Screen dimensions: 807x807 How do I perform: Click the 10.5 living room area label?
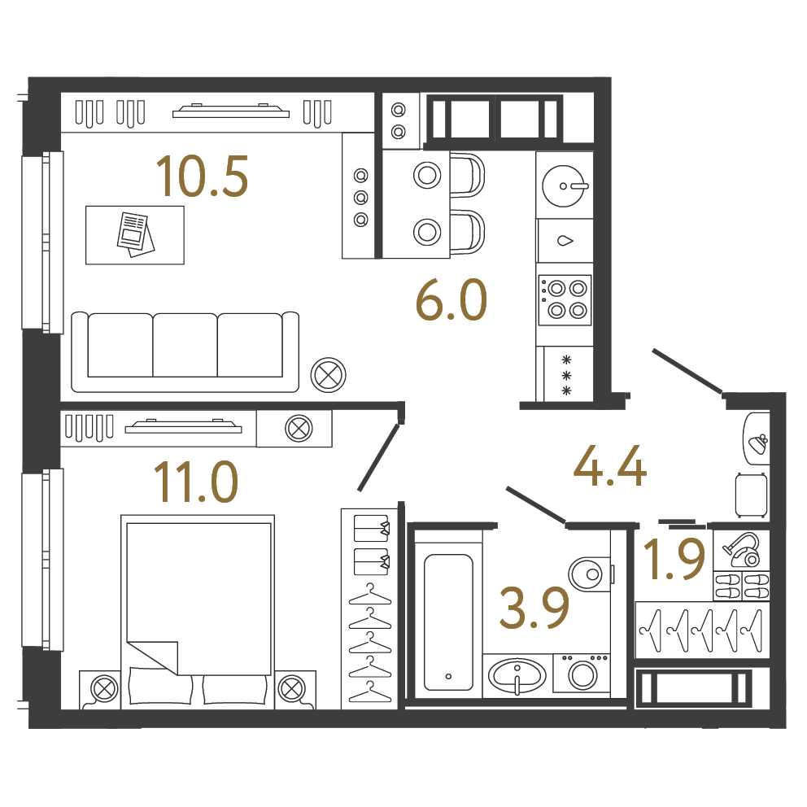click(203, 177)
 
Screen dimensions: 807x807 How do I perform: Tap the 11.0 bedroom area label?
click(195, 482)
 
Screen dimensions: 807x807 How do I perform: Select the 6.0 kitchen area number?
click(451, 300)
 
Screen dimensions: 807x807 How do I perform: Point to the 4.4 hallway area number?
click(610, 466)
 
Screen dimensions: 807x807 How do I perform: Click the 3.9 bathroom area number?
click(534, 609)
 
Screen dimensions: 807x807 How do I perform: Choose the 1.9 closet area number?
click(674, 559)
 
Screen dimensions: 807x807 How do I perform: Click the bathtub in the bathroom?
click(448, 622)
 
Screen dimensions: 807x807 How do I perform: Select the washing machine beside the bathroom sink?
click(582, 673)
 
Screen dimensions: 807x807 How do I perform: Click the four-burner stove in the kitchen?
click(565, 300)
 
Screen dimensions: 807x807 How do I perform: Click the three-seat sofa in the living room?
click(185, 351)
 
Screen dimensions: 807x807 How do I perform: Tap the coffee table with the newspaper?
click(135, 235)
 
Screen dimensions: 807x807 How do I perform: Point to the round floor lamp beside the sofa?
click(329, 375)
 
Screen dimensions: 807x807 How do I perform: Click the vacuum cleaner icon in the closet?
click(742, 549)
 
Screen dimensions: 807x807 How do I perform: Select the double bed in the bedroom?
click(198, 612)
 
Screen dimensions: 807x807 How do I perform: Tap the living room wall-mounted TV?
click(230, 111)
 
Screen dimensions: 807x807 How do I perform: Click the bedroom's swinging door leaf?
click(379, 457)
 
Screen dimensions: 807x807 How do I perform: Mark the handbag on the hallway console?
click(759, 443)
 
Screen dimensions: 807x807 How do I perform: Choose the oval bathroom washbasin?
click(517, 675)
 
